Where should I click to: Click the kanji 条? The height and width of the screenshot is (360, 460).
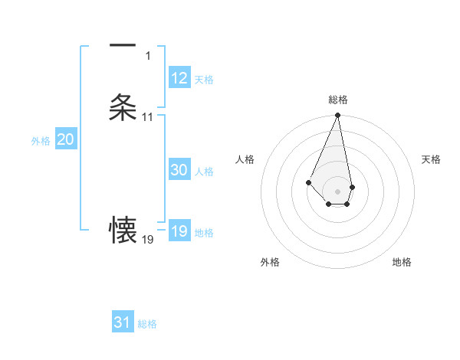(x=123, y=107)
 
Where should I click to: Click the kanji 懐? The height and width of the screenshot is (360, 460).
(x=123, y=229)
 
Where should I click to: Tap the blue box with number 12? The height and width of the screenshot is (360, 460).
(x=179, y=78)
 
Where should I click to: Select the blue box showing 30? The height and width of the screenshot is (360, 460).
(x=179, y=171)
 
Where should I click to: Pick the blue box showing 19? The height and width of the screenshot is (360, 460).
(x=179, y=231)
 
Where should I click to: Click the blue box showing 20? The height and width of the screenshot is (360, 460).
(x=66, y=139)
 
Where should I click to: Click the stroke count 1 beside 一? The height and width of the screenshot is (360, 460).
(x=149, y=56)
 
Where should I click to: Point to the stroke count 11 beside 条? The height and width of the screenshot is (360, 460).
(x=147, y=117)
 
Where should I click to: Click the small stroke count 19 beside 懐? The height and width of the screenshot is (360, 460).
(x=147, y=240)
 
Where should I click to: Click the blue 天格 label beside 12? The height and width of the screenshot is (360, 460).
(x=204, y=80)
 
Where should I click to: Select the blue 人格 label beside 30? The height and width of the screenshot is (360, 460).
(x=204, y=172)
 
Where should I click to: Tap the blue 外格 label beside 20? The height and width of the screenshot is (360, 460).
(x=41, y=141)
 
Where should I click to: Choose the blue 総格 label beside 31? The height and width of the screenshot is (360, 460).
(x=147, y=324)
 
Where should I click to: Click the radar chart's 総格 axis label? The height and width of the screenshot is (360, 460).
(x=337, y=100)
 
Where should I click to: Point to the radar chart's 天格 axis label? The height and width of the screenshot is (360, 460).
(x=432, y=159)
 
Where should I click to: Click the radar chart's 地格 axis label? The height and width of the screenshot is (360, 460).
(x=402, y=262)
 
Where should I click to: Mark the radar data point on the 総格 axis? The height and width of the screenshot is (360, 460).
(x=337, y=116)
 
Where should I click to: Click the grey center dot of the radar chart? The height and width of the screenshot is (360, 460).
(x=337, y=191)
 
